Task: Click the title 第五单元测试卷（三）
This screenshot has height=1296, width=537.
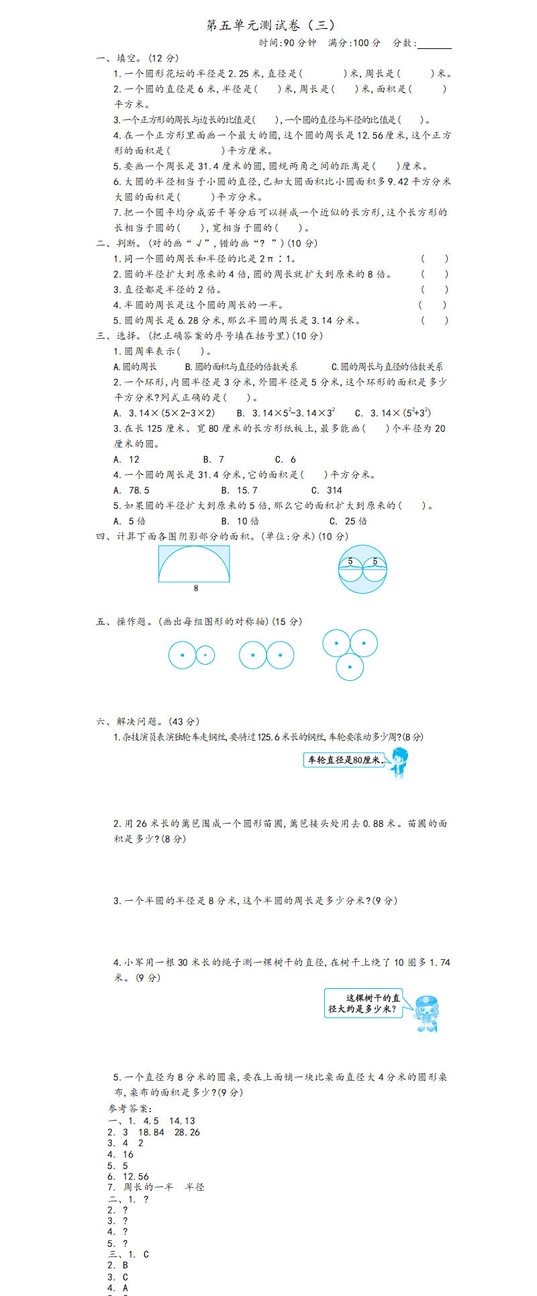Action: point(271,25)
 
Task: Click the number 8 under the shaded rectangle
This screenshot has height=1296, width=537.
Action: point(196,588)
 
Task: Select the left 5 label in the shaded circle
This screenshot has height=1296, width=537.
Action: point(350,561)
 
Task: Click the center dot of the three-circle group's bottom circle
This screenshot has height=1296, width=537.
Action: point(350,667)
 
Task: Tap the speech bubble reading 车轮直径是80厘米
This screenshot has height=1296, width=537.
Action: point(344,760)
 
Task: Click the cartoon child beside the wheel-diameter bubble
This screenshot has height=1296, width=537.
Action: point(399,762)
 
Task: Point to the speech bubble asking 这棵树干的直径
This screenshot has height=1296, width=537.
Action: point(363,1003)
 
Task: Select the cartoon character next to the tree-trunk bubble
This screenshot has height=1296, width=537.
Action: point(426,1013)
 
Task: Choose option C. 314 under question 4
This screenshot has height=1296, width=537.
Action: point(326,490)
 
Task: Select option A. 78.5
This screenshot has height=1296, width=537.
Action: point(131,490)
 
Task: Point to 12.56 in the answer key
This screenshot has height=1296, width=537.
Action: point(136,1177)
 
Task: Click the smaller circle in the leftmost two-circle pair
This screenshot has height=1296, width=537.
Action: point(205,655)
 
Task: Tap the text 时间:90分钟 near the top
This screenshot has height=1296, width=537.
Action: point(287,43)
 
